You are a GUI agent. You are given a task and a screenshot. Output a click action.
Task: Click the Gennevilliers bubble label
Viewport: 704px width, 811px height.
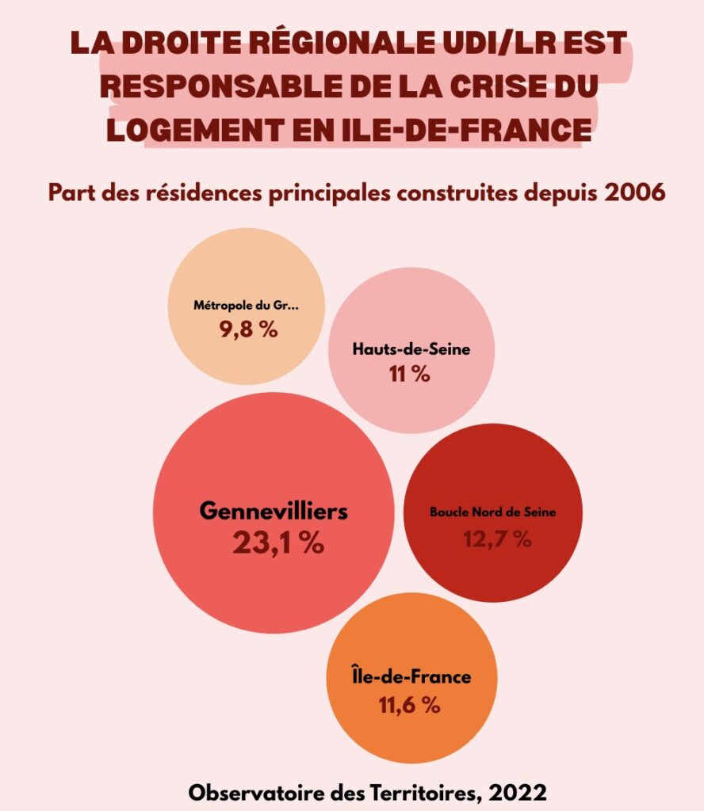274,511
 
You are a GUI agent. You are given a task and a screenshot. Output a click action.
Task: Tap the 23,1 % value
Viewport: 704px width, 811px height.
278,543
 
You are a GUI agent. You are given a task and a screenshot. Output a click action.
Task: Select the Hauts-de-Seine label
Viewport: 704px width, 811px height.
411,349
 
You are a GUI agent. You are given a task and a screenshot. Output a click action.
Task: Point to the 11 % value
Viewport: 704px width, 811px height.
410,375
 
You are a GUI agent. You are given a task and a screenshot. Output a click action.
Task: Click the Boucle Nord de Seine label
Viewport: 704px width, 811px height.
492,512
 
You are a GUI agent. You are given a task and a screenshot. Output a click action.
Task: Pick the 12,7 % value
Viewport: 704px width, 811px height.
497,539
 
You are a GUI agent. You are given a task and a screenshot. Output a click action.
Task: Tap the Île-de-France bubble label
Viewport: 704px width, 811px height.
411,677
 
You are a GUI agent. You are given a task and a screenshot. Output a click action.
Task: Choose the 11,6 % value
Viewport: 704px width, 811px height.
409,704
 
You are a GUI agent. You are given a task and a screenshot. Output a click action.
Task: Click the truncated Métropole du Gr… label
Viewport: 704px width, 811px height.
247,304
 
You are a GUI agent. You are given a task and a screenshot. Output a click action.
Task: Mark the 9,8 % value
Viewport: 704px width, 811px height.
248,329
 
